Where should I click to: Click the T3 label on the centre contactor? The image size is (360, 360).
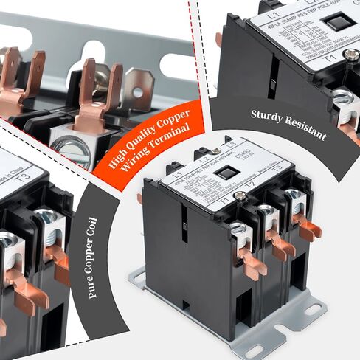(x=277, y=167)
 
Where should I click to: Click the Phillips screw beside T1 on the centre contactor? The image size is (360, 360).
(x=241, y=196)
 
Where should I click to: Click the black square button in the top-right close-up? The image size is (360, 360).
(x=339, y=22)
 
